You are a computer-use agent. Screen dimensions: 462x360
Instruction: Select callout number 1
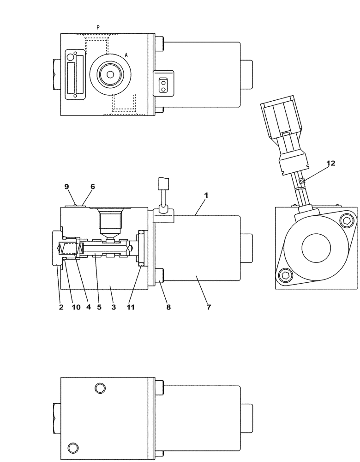pyautogui.click(x=206, y=195)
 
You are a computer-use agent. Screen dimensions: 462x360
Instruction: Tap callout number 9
pyautogui.click(x=67, y=187)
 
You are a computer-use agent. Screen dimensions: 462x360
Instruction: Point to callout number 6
pyautogui.click(x=93, y=187)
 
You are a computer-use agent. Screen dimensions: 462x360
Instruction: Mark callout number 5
pyautogui.click(x=99, y=307)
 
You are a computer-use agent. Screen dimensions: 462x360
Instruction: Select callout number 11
pyautogui.click(x=131, y=307)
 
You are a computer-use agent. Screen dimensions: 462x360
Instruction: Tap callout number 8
pyautogui.click(x=168, y=307)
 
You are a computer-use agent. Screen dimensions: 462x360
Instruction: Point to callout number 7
pyautogui.click(x=209, y=307)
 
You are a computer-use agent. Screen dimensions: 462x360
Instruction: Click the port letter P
pyautogui.click(x=98, y=27)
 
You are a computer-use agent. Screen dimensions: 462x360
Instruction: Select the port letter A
pyautogui.click(x=126, y=55)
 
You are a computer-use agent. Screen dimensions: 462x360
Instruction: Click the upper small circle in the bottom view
pyautogui.click(x=98, y=388)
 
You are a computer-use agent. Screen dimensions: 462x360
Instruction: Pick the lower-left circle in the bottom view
pyautogui.click(x=72, y=448)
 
